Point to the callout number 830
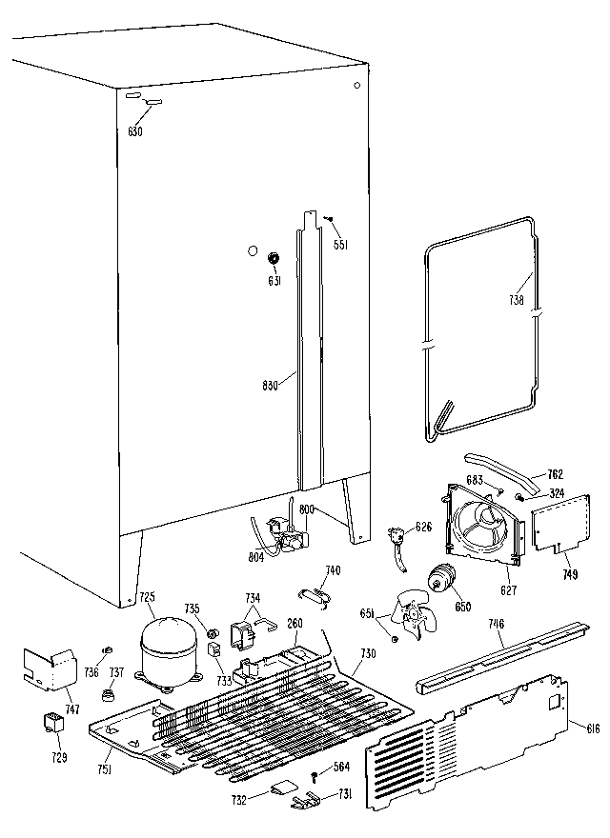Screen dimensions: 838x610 tap(271, 385)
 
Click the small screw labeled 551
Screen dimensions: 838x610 tap(327, 221)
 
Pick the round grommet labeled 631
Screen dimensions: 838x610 tap(274, 257)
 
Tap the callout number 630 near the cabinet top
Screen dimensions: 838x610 tap(134, 130)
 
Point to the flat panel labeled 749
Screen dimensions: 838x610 tap(554, 524)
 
